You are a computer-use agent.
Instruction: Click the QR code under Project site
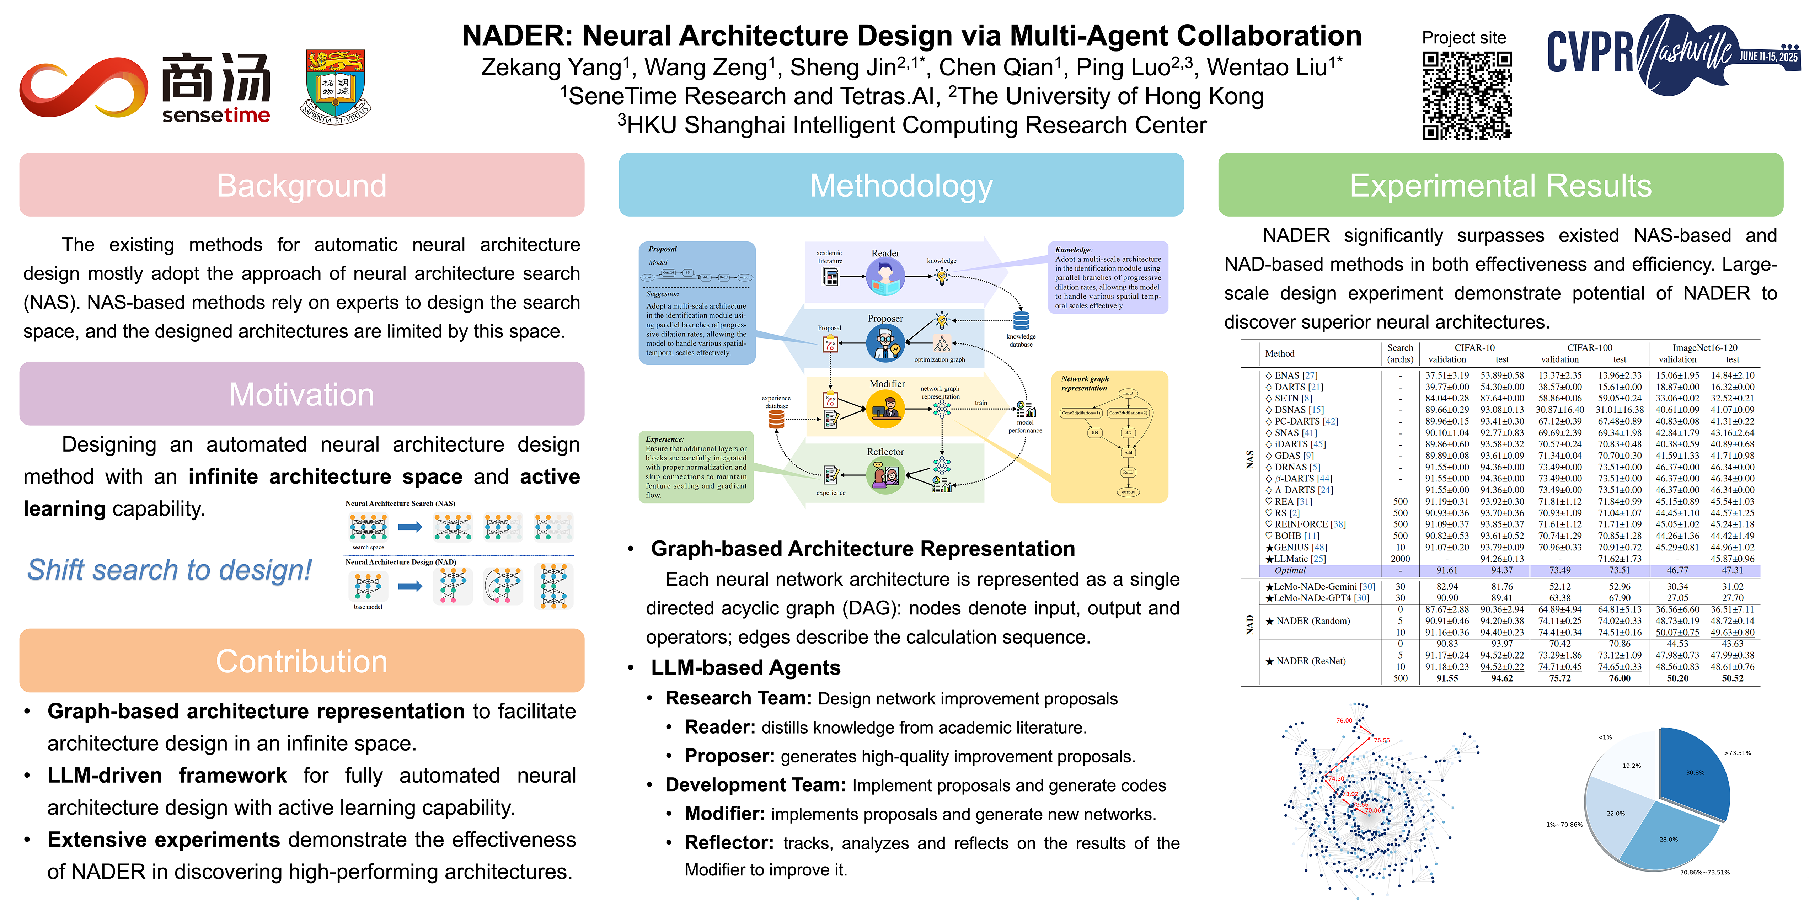1467,95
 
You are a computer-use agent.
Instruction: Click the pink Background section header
302,185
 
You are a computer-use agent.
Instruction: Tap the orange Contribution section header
302,661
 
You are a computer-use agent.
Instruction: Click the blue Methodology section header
901,185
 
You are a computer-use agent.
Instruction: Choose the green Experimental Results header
1500,185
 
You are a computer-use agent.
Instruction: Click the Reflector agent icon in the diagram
884,475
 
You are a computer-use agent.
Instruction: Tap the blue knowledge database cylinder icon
1021,321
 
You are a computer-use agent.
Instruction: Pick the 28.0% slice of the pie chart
1668,837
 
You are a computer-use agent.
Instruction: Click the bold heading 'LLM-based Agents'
745,668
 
